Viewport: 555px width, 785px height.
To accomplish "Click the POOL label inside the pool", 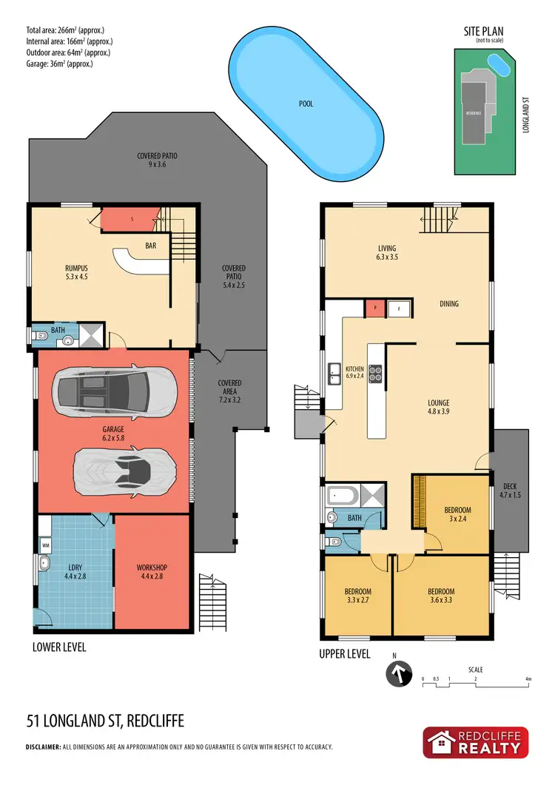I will [305, 104].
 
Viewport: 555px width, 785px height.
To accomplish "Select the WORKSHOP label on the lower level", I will [152, 572].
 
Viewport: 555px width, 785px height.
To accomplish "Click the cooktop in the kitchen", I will [375, 374].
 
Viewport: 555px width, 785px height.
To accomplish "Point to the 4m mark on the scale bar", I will [528, 678].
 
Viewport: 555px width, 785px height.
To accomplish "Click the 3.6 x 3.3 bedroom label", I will [441, 596].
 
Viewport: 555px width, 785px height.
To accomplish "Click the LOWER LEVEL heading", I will [59, 647].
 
